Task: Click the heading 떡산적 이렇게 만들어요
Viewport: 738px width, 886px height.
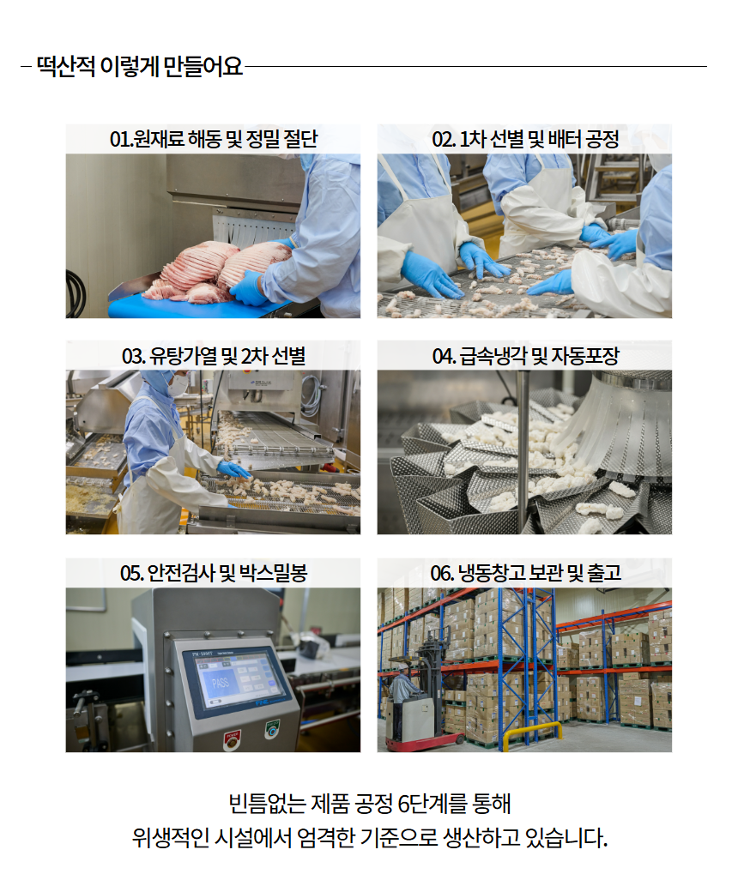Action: (x=140, y=67)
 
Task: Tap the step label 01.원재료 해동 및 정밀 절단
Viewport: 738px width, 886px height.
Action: (x=213, y=139)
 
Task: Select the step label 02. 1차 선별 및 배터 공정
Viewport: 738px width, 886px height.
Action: (x=525, y=139)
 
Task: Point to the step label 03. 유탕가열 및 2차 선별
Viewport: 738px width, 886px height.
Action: (x=213, y=356)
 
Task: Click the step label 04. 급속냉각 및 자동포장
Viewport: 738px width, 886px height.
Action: (x=525, y=356)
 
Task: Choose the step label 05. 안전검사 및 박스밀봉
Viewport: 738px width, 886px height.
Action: (x=213, y=573)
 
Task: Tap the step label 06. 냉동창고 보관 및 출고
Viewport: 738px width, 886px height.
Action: (x=525, y=573)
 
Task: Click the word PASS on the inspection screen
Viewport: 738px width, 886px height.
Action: (x=221, y=683)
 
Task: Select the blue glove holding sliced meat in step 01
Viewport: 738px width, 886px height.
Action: (x=249, y=287)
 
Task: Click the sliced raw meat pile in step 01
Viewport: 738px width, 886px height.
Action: (x=215, y=270)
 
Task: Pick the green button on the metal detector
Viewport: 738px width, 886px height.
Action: (x=273, y=728)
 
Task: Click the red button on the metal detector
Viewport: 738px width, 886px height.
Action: (x=232, y=739)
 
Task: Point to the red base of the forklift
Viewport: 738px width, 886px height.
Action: (x=424, y=743)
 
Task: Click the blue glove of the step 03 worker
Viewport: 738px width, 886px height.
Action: (x=233, y=469)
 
